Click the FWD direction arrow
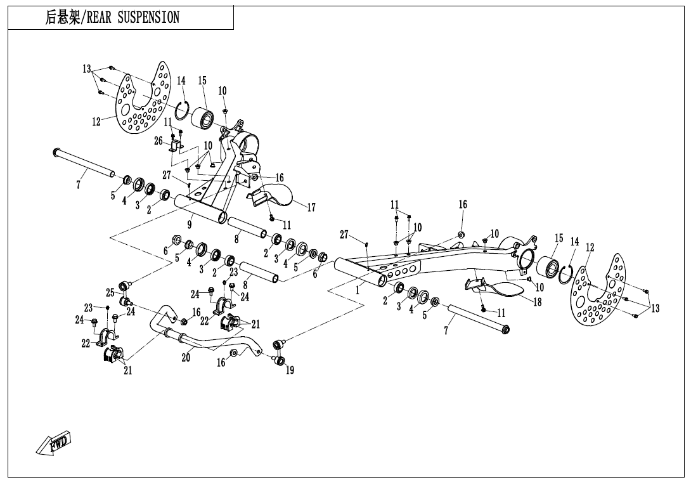(x=55, y=443)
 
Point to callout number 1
(x=358, y=290)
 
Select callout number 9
(x=190, y=223)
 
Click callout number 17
(x=311, y=207)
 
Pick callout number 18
(x=537, y=302)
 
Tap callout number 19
(x=289, y=371)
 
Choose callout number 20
(x=186, y=358)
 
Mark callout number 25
(x=110, y=292)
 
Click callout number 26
(x=158, y=141)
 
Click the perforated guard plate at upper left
(x=141, y=101)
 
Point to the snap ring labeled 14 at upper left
(x=183, y=111)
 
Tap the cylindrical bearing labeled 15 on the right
(x=546, y=268)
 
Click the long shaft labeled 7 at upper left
(x=84, y=162)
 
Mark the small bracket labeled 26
(x=176, y=147)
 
